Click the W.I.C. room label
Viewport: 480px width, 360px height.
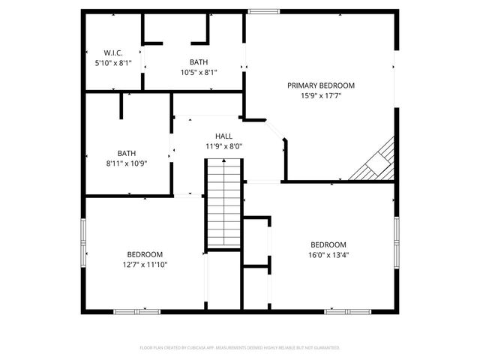[113, 52]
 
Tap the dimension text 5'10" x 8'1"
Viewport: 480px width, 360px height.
[113, 63]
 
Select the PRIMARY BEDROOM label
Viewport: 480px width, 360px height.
[321, 85]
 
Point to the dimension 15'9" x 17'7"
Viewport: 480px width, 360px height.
[321, 96]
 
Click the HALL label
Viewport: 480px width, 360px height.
[223, 136]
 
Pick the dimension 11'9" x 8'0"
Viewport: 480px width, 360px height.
[223, 146]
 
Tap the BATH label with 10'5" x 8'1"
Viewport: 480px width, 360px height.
[199, 62]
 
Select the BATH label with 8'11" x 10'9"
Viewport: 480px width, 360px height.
[126, 152]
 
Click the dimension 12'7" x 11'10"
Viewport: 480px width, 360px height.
[145, 265]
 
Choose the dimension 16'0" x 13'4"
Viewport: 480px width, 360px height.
[328, 255]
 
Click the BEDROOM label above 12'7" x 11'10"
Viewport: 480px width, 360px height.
[145, 254]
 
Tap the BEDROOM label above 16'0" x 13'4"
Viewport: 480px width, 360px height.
[328, 244]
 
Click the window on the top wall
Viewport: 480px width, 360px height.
[263, 11]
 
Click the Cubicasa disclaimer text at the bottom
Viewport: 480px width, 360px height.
[240, 348]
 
